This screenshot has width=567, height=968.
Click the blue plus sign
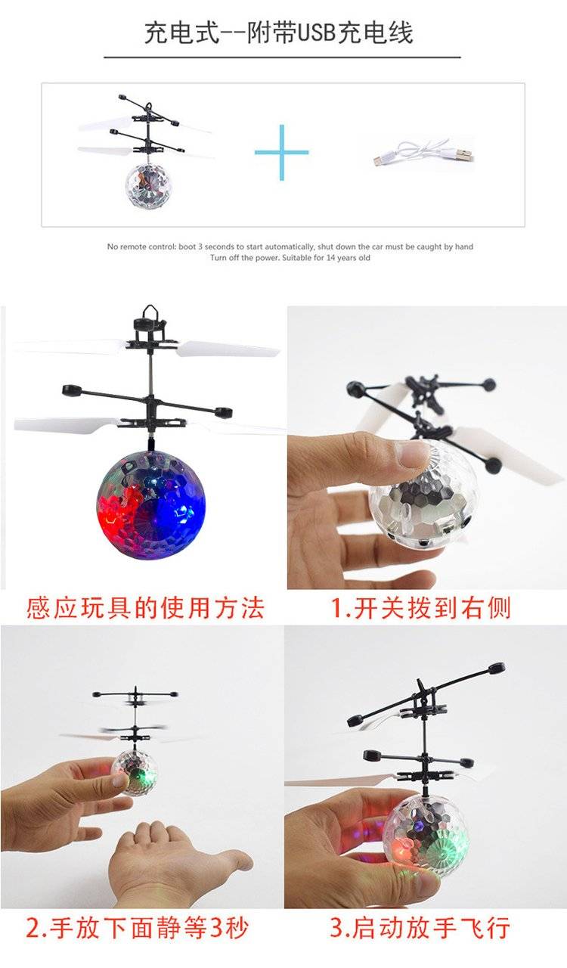coord(282,152)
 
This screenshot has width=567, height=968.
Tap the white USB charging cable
coord(423,154)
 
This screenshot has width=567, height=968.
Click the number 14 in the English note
coord(330,258)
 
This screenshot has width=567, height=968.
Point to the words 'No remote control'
coord(141,247)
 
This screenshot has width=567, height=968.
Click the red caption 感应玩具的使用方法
coord(145,608)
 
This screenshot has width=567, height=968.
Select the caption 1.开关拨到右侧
coord(420,608)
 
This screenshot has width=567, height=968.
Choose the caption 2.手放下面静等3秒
coord(138,928)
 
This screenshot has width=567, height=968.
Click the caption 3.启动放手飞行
coord(420,928)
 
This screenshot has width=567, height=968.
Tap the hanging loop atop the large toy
coord(150,311)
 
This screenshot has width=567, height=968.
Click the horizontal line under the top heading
coord(282,57)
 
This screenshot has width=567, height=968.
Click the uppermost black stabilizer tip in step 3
coord(497,668)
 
